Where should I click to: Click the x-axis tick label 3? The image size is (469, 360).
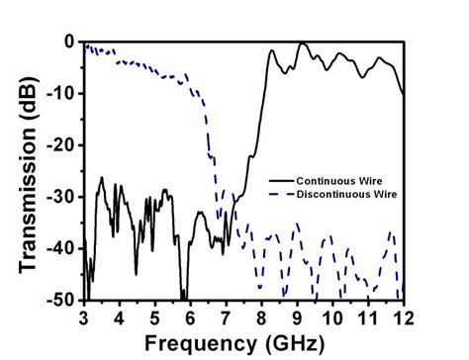[83, 317]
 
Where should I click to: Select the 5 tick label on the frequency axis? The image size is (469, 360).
[154, 317]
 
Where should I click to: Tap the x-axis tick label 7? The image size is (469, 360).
[226, 317]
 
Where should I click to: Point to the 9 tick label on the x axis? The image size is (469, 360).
[297, 317]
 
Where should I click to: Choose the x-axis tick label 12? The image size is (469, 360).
[404, 317]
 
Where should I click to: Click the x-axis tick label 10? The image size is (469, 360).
[332, 317]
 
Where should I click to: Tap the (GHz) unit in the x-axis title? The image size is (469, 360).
[298, 343]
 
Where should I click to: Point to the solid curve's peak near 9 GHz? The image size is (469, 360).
[301, 44]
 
